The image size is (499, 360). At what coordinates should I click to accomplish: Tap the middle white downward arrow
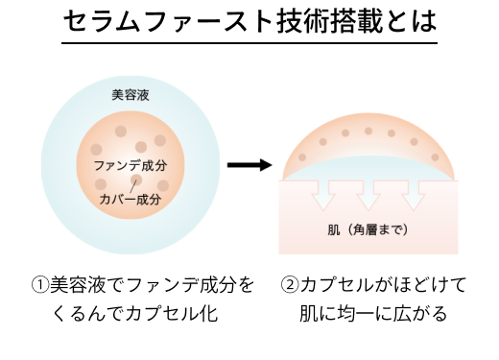(368, 194)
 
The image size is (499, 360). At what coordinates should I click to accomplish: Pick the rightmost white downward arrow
(414, 194)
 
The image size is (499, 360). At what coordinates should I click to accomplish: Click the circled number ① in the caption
(39, 285)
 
